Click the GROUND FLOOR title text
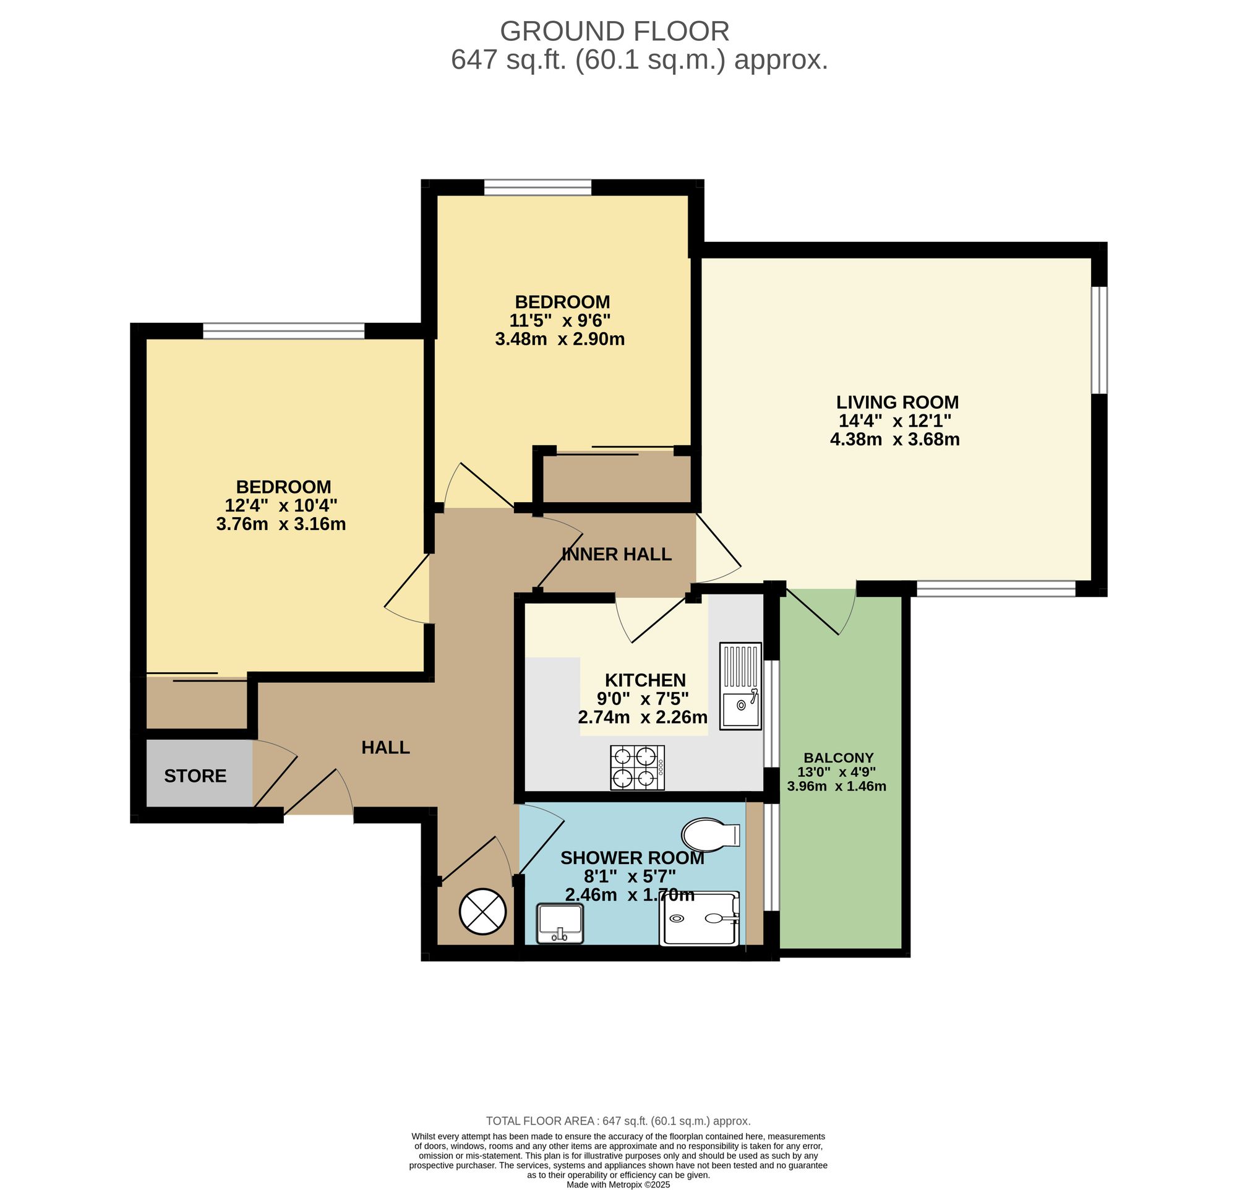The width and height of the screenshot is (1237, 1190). pos(614,31)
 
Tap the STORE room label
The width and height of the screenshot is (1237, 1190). pos(195,776)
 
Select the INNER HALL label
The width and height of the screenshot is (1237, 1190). pos(616,554)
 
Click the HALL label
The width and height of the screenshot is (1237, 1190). pos(385,747)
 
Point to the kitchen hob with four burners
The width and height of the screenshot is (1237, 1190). pos(637,768)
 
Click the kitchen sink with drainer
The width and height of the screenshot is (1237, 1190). pos(740,687)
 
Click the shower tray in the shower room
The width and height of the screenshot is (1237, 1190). pos(699,918)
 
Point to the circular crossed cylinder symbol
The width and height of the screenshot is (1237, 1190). pos(483,911)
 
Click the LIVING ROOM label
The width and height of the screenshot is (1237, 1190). pos(897,402)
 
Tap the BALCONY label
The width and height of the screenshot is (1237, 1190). pos(838,757)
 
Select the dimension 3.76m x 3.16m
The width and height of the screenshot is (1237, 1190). pos(281,524)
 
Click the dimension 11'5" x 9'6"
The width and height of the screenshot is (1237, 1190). pos(560,320)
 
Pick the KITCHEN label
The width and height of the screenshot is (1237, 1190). pos(645,680)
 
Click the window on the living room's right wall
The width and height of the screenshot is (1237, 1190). pos(1099,340)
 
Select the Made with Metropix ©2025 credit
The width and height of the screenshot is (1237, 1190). pos(618,1184)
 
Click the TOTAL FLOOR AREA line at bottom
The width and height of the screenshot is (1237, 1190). pos(618,1121)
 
